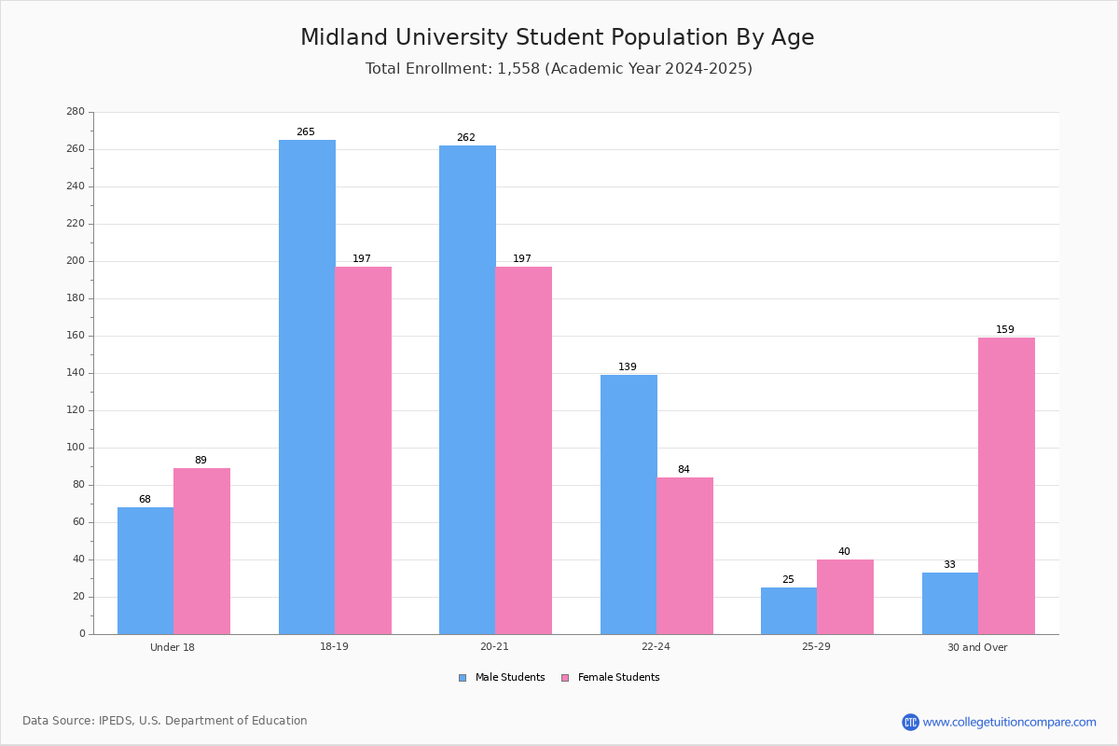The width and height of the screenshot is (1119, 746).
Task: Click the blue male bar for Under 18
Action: [x=145, y=571]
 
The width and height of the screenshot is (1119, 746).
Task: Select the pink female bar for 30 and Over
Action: [x=1006, y=486]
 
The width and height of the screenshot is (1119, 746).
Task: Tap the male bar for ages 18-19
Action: [x=307, y=387]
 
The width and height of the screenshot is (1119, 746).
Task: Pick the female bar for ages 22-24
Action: [x=684, y=556]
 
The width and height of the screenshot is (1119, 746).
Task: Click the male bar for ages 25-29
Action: [x=789, y=611]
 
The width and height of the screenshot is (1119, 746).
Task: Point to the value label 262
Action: [x=465, y=138]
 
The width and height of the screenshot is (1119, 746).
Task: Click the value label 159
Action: [x=1004, y=330]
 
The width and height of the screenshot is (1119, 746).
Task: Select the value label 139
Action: [x=628, y=367]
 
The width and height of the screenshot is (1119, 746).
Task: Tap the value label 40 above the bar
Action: [x=844, y=552]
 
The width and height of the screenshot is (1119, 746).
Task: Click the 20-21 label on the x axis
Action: [x=494, y=647]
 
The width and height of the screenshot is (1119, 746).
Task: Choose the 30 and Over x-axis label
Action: [x=977, y=647]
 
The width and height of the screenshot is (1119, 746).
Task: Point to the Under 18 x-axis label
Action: [x=173, y=647]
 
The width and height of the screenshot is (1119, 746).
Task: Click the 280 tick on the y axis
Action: [x=76, y=112]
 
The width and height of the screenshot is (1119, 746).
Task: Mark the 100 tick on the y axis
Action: [x=76, y=448]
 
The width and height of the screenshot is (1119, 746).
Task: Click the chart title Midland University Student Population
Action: [x=557, y=38]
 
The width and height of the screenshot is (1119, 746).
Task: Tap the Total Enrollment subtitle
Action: [x=559, y=69]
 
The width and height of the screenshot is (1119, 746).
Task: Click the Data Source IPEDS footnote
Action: [x=165, y=721]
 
